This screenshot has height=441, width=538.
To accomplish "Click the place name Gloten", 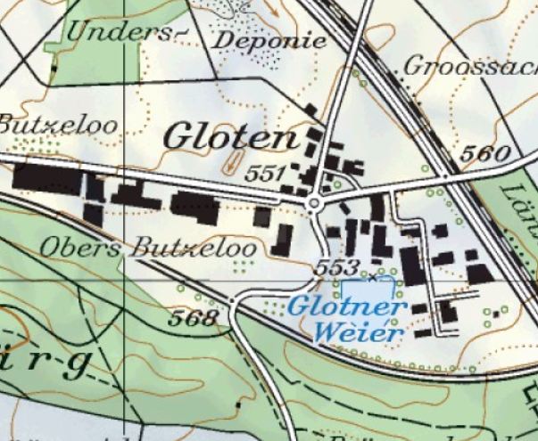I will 230,138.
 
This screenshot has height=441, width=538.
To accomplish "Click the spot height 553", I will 336,267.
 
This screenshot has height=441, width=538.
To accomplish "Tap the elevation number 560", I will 487,153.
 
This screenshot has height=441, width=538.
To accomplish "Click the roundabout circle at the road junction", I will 314,205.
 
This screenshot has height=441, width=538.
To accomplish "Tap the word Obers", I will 81,245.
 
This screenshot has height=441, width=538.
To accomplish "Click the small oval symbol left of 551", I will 234,162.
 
